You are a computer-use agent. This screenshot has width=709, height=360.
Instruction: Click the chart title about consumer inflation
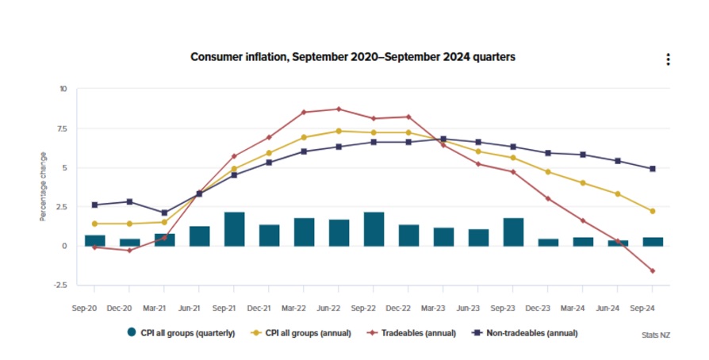[x=353, y=58]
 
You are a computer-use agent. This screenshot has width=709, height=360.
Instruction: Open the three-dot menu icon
[x=669, y=59]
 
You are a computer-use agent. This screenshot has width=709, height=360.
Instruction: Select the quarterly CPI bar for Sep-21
[x=234, y=228]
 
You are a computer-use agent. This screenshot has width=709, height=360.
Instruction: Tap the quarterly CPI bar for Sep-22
[x=374, y=228]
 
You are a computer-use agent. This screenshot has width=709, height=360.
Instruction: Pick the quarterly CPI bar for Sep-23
[x=513, y=232]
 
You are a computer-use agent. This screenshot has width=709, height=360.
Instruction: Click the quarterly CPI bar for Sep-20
[x=95, y=240]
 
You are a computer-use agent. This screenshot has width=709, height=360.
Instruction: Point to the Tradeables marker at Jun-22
[x=339, y=109]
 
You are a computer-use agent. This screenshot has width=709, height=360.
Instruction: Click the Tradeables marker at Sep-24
[x=652, y=271]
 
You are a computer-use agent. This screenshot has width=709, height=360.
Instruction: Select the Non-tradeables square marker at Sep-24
[x=652, y=169]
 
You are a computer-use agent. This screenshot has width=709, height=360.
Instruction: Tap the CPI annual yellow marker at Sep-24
[x=652, y=211]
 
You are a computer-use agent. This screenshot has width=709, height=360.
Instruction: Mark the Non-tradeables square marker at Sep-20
[x=95, y=205]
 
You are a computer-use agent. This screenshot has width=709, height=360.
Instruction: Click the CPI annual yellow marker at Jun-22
[x=339, y=131]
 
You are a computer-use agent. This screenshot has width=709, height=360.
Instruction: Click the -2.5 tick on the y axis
[x=60, y=285]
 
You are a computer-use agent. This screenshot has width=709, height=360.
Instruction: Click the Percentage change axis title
[x=43, y=186]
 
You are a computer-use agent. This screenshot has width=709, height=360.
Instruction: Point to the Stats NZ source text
[x=655, y=335]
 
